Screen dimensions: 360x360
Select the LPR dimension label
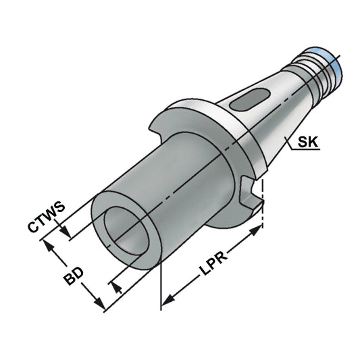(x=214, y=264)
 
